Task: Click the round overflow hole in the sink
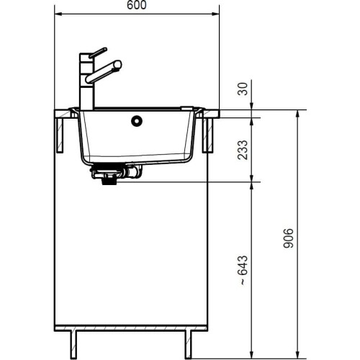pyautogui.click(x=135, y=122)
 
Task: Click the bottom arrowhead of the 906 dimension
pyautogui.click(x=296, y=354)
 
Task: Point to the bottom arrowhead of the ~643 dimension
pyautogui.click(x=250, y=354)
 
